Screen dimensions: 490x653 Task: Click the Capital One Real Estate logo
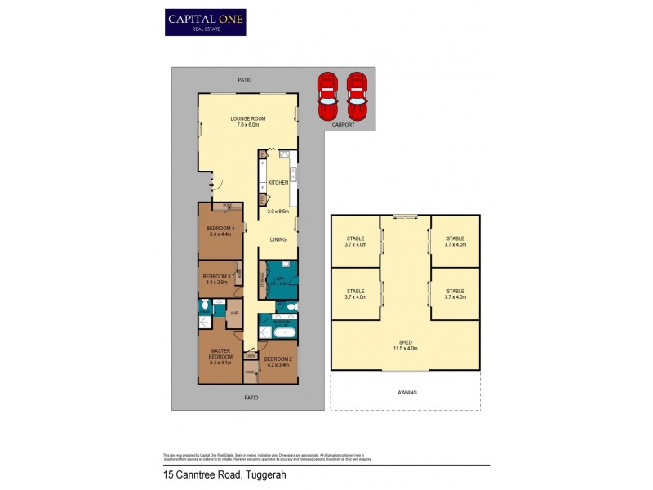(x=205, y=21)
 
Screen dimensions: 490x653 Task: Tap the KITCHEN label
(x=278, y=182)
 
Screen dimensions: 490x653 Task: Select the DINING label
(x=278, y=239)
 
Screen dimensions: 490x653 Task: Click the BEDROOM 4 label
(x=220, y=228)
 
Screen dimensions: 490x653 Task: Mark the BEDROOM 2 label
(x=278, y=359)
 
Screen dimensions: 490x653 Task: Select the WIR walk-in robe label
(x=233, y=313)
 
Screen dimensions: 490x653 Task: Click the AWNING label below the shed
(x=406, y=392)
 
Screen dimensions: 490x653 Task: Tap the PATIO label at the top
(x=246, y=79)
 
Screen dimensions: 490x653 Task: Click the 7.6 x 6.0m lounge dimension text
(x=247, y=124)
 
